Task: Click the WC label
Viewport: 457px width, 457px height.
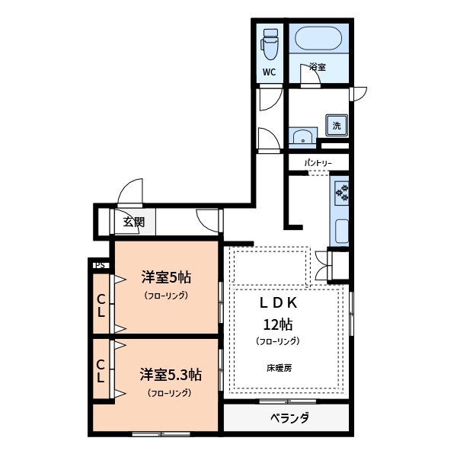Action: (269, 73)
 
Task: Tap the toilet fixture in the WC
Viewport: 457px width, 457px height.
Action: (270, 46)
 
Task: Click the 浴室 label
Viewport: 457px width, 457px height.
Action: (318, 68)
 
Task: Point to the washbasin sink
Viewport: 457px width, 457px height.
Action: (303, 138)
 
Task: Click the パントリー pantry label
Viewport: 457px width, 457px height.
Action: (318, 163)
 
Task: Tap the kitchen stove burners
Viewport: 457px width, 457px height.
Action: (341, 192)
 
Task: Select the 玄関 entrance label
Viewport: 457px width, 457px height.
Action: (134, 222)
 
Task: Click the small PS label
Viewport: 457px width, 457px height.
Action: (99, 265)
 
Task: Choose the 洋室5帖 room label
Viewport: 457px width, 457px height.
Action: (165, 276)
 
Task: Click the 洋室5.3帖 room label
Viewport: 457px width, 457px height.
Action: (170, 375)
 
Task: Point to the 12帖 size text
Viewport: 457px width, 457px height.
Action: (278, 323)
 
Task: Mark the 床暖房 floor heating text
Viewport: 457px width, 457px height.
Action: (279, 368)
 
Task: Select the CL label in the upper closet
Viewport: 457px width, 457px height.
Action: (101, 304)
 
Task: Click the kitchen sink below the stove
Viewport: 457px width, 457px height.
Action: (341, 228)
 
